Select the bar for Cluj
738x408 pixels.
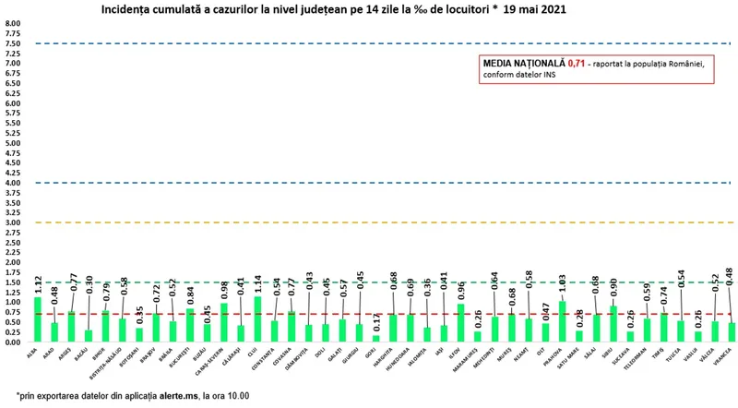point(257,318)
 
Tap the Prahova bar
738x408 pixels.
point(562,321)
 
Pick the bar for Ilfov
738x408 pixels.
point(460,323)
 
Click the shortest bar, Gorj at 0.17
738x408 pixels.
point(375,338)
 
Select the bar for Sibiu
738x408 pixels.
point(613,324)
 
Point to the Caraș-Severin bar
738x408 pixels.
point(223,322)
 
